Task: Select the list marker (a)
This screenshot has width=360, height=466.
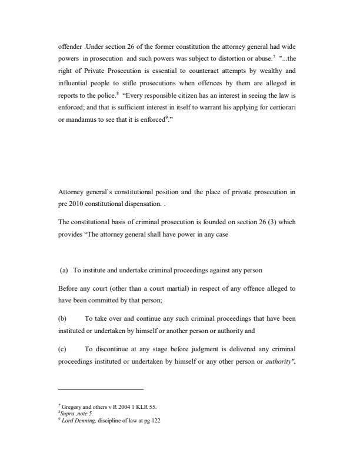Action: (65, 270)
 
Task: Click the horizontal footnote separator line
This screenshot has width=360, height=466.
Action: (101, 390)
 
